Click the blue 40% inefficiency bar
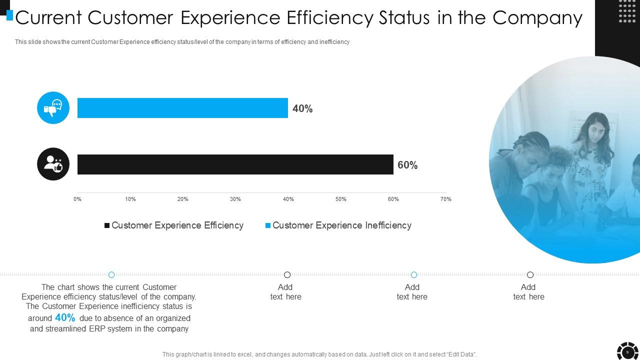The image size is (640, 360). tap(182, 108)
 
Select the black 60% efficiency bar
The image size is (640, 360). tap(235, 164)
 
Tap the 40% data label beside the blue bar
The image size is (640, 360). tap(302, 109)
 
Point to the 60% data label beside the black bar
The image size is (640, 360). tap(407, 165)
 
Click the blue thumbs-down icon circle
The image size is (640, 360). tap(53, 108)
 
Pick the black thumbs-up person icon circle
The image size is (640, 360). tap(53, 164)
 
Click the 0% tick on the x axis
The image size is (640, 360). tap(77, 199)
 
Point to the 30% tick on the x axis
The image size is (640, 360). tap(235, 199)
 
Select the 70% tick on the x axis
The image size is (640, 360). tap(445, 199)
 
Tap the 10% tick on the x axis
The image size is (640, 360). tap(130, 199)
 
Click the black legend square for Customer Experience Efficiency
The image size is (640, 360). tap(106, 226)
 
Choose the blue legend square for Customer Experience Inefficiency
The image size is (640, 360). tap(267, 226)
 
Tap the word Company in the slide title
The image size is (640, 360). tap(537, 18)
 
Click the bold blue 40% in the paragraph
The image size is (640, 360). tap(65, 318)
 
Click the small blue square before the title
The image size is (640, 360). tap(9, 15)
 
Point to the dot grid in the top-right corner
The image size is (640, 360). tap(627, 11)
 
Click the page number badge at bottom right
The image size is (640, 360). tap(627, 352)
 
